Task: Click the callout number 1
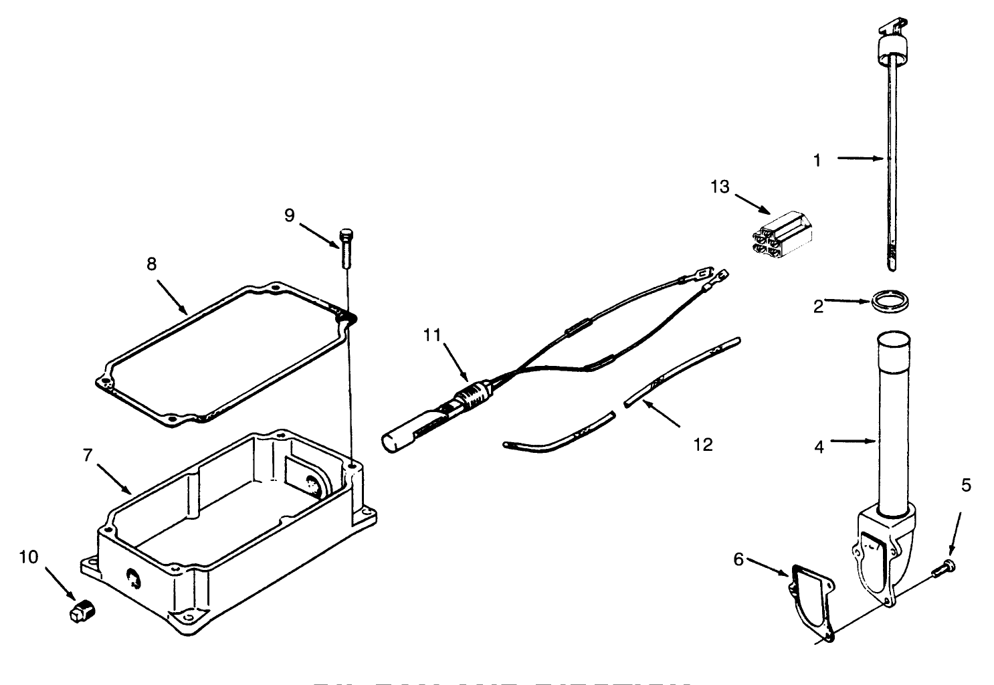click(816, 160)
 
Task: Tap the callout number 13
click(720, 187)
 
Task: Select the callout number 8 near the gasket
click(152, 264)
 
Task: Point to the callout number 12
click(703, 444)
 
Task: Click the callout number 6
click(738, 559)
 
